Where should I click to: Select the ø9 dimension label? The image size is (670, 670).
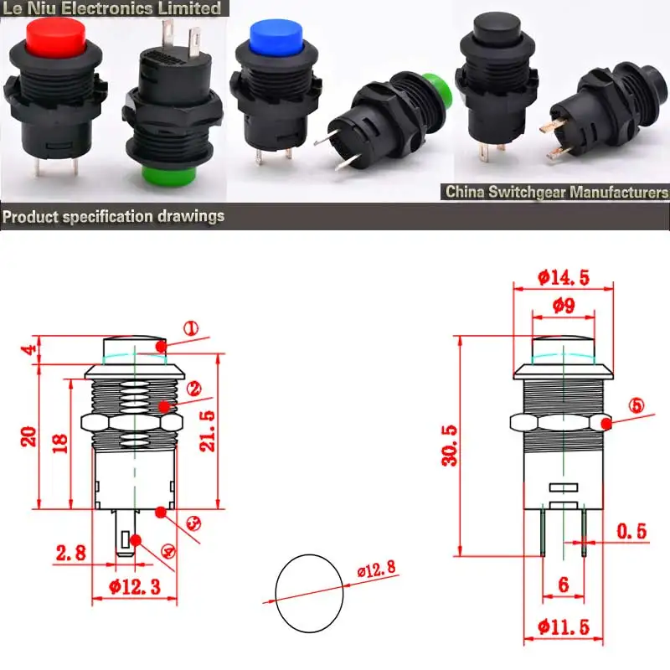(x=564, y=307)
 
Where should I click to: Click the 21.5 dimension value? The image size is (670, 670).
(x=208, y=432)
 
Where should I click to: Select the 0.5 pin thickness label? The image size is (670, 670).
(x=631, y=530)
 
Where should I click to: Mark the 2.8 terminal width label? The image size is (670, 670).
(x=72, y=552)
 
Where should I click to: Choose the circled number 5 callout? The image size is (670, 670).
(x=637, y=406)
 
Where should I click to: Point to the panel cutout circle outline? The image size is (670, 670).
(x=309, y=593)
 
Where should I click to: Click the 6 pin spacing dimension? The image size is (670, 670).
(x=563, y=585)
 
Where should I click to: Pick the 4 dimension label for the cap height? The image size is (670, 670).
(x=31, y=350)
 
